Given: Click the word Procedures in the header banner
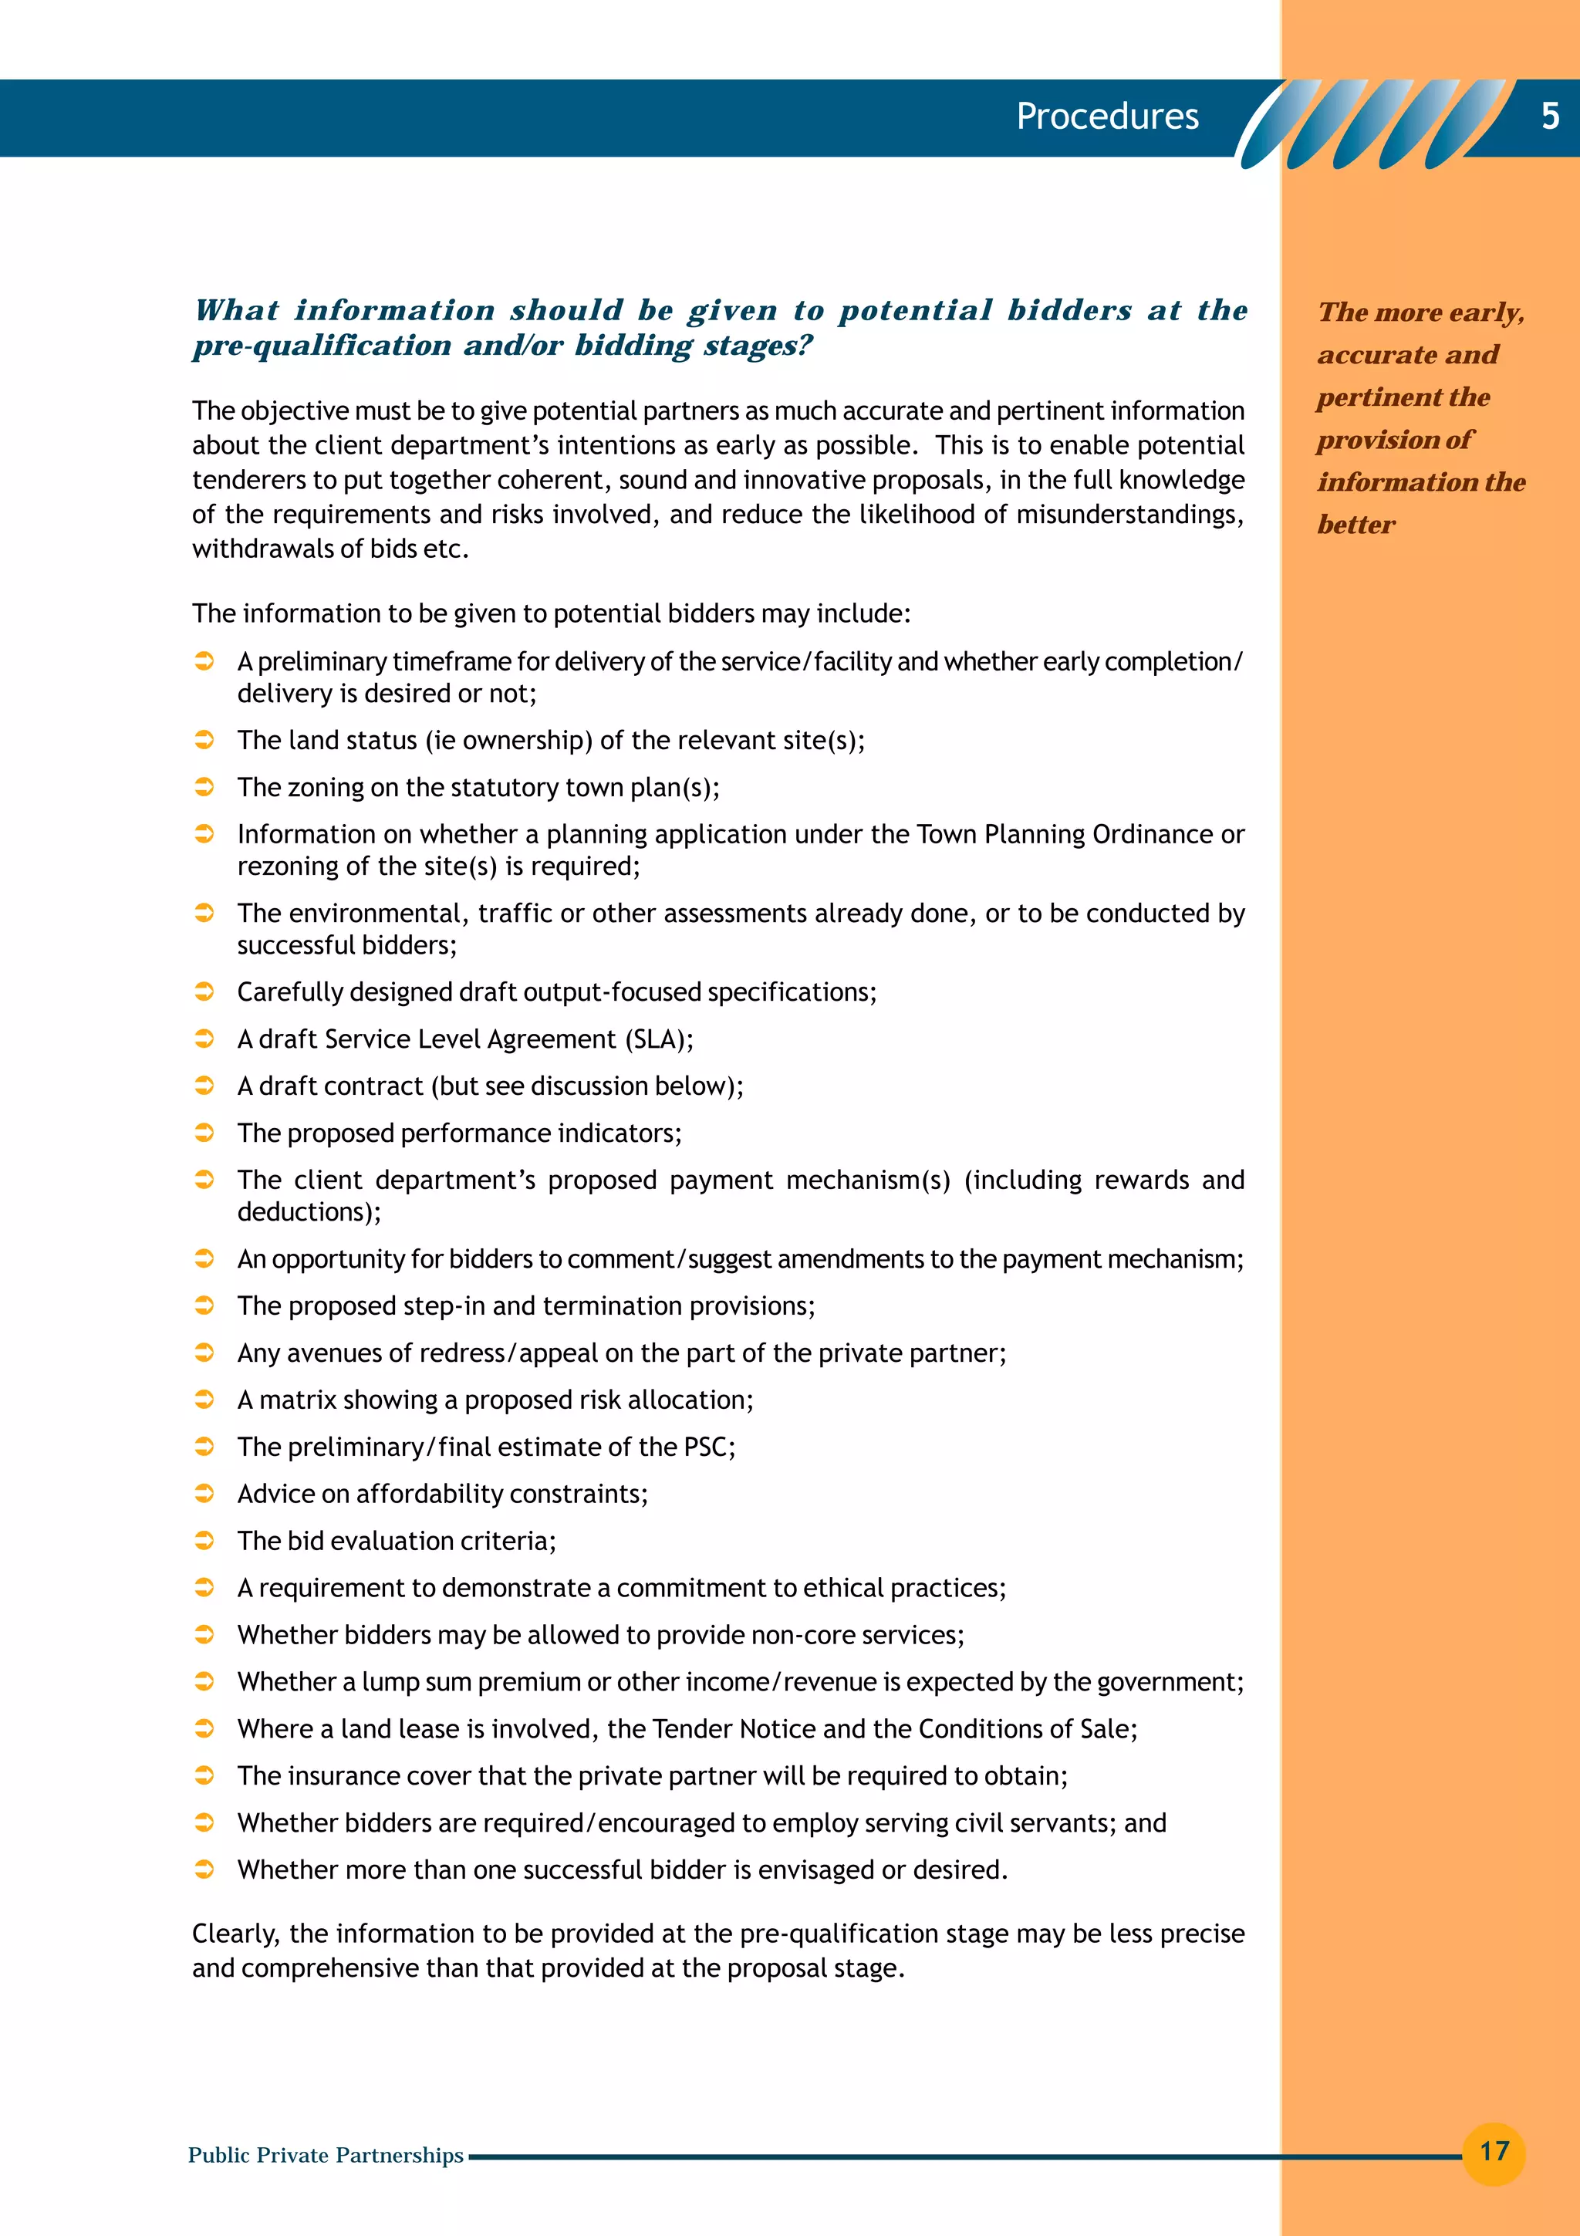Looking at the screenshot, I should [1107, 117].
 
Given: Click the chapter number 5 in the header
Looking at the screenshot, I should [1550, 117].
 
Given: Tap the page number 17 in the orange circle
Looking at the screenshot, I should [1494, 2150].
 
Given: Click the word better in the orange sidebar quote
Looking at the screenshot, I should [1356, 525].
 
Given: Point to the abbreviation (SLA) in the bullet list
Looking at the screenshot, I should [659, 1039].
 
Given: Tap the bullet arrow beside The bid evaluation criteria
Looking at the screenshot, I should [204, 1541].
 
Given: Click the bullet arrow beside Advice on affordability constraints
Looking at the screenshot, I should [204, 1493].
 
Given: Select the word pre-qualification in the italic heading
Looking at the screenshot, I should [321, 346].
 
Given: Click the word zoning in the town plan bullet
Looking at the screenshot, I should [323, 787].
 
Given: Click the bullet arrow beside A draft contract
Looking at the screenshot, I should [204, 1085].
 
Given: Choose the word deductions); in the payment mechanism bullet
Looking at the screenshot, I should [309, 1211].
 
